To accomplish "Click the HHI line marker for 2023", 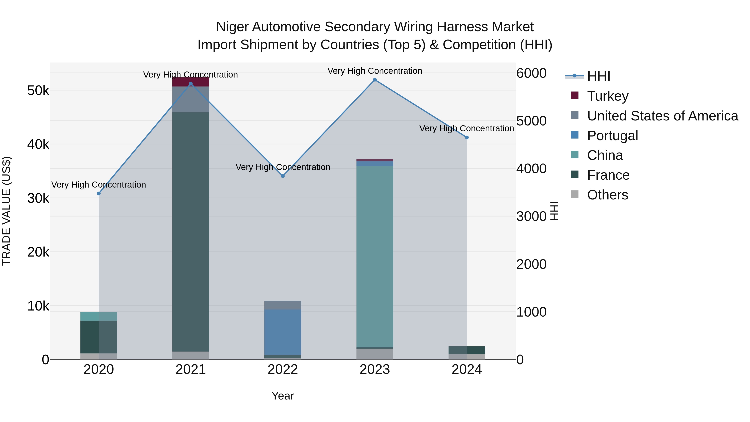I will pos(375,80).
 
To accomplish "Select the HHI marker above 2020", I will pos(99,193).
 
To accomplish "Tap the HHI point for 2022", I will pos(283,176).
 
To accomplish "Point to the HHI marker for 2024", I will pos(467,138).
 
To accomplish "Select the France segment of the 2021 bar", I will pos(191,233).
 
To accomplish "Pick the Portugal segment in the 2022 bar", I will pos(283,332).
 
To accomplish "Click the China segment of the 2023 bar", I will pos(375,256).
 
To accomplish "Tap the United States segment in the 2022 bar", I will pos(283,305).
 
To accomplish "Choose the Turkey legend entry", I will pos(608,96).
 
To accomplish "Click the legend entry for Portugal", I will pos(612,136).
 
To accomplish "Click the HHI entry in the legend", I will pos(598,76).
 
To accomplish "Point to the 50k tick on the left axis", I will pos(38,91).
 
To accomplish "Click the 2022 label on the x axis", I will pos(283,369).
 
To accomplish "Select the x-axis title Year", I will pos(283,396).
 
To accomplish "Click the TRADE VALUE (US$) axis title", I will pos(6,211).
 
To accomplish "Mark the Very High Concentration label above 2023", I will pos(375,71).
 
